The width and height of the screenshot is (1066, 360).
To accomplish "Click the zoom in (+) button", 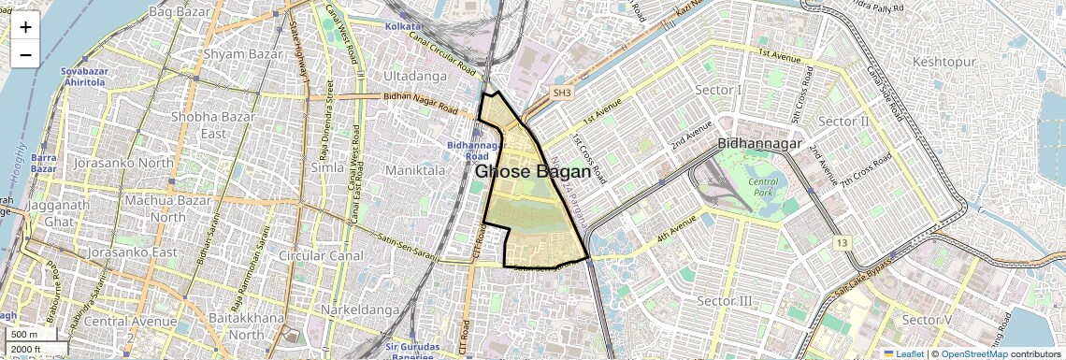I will point(25,27).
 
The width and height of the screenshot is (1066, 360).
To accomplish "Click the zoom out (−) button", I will point(25,54).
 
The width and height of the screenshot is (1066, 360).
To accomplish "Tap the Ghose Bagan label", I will point(533,172).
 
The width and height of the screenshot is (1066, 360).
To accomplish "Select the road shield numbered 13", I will point(844,243).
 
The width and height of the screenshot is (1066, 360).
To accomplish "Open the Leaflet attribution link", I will point(903,353).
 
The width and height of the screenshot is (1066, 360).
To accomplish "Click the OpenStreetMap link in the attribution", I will point(973,353).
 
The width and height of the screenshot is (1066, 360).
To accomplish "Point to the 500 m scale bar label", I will point(23,335).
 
